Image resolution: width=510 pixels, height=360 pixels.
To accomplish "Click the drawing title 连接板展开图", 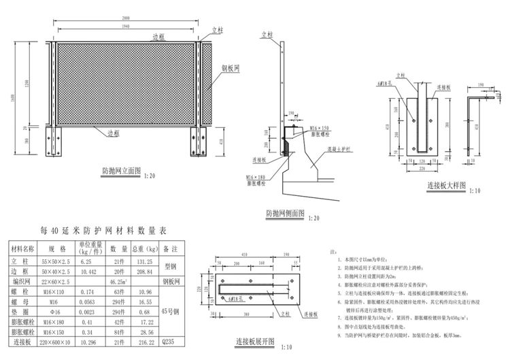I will [x=254, y=340].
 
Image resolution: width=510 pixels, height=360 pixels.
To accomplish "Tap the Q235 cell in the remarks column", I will [x=170, y=342].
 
